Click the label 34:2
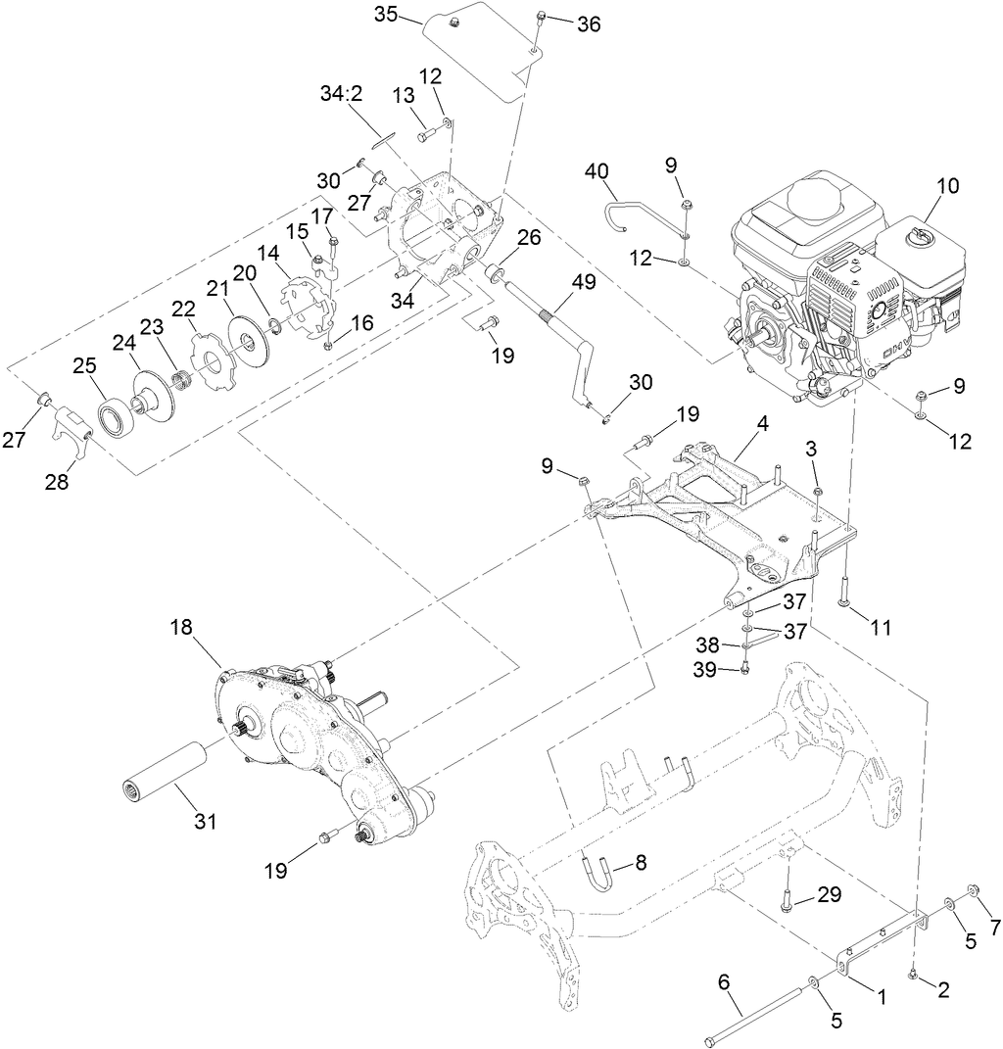(x=340, y=93)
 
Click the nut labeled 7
(x=974, y=889)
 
